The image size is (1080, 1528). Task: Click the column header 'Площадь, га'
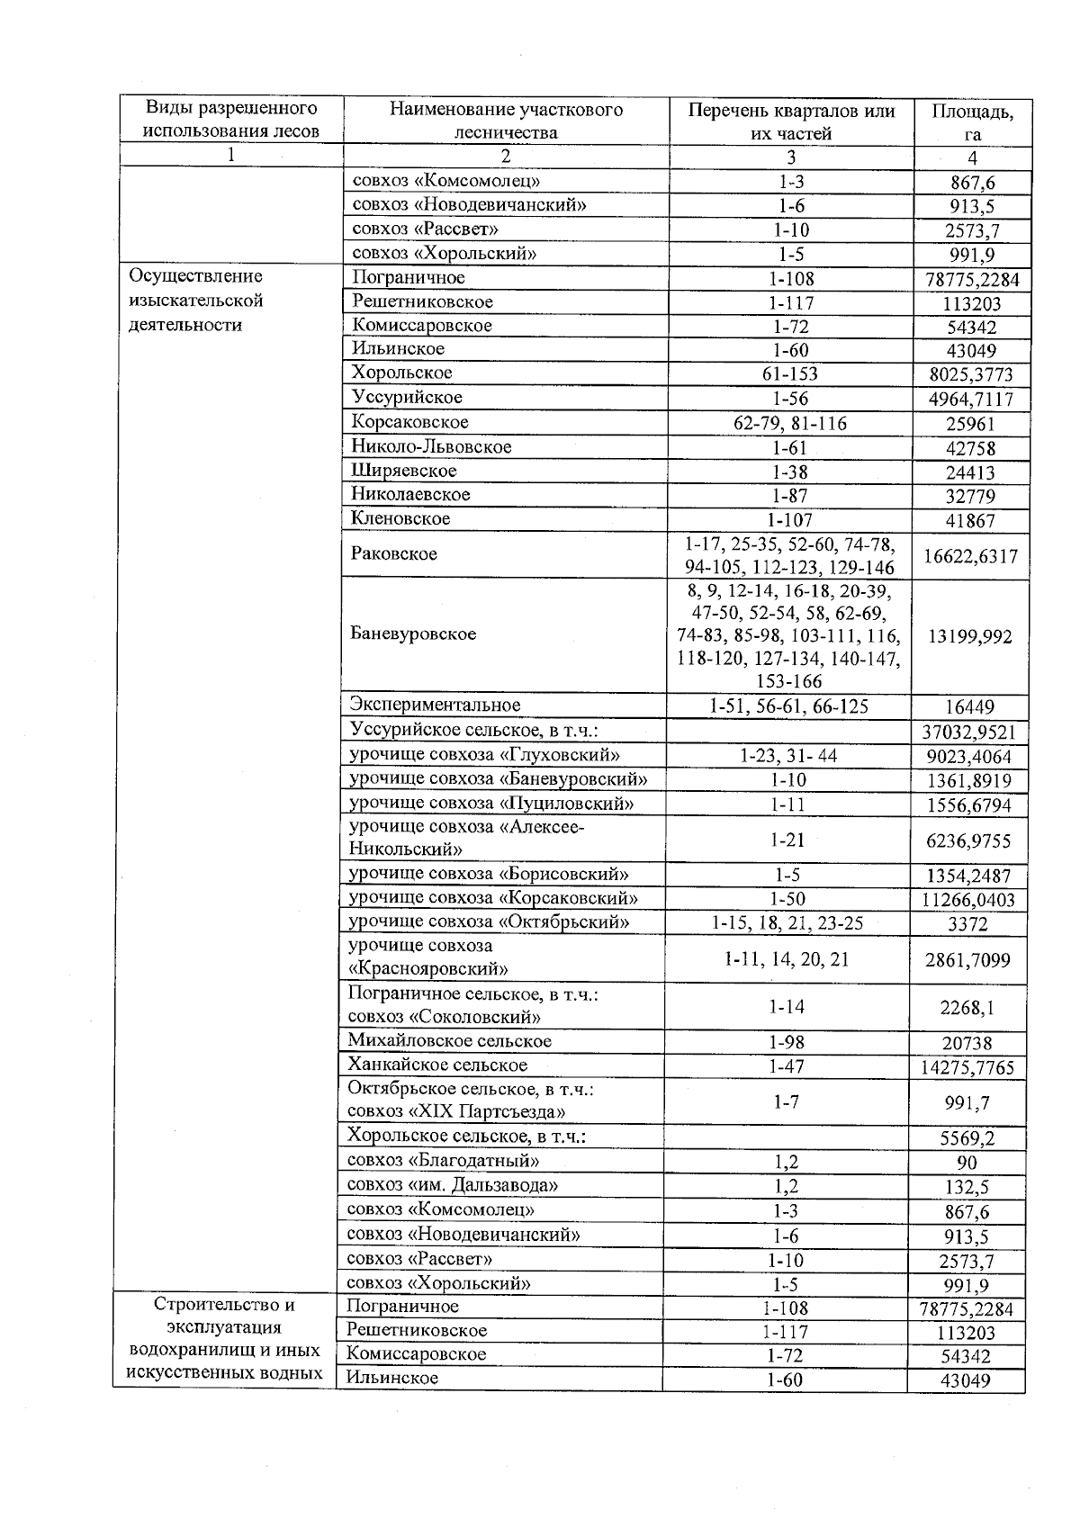click(971, 122)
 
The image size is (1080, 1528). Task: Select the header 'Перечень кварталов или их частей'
click(791, 122)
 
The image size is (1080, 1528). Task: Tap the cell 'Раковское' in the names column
click(394, 554)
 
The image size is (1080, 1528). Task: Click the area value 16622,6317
click(970, 557)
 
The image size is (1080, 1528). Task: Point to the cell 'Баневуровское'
click(413, 634)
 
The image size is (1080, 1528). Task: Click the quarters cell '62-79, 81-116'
click(789, 423)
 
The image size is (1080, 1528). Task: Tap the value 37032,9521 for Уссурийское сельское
click(969, 733)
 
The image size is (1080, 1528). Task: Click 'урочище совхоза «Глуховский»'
click(484, 755)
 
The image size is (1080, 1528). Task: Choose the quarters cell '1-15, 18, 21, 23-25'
click(787, 922)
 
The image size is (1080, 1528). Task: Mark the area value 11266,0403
click(968, 900)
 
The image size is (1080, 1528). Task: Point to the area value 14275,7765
click(968, 1068)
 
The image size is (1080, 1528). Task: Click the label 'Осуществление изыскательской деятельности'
click(196, 301)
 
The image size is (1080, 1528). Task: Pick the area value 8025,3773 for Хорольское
click(968, 374)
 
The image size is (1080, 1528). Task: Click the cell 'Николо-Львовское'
click(431, 447)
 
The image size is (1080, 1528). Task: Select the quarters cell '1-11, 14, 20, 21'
click(787, 959)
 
